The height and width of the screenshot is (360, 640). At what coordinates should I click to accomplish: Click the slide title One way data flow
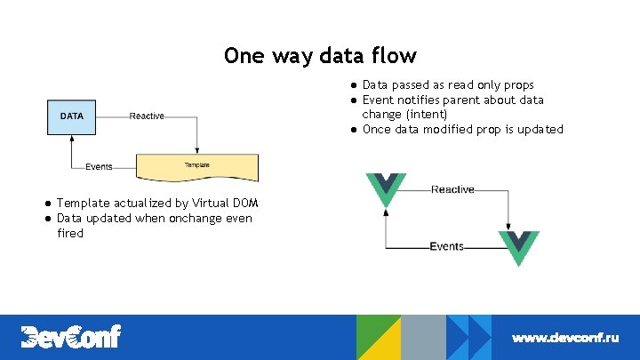320,56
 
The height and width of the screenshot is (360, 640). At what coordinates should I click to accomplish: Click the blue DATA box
72,116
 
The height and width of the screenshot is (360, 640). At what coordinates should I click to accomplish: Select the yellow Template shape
196,166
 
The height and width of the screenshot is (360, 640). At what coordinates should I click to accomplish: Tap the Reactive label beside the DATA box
147,116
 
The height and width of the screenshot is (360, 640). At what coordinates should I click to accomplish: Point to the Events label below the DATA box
100,166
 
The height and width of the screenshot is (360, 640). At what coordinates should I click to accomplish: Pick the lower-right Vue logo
518,247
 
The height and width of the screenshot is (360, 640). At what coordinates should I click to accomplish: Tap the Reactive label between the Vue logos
453,189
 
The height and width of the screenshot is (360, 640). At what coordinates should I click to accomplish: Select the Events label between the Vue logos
446,246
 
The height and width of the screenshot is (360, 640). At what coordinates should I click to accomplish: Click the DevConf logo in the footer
71,337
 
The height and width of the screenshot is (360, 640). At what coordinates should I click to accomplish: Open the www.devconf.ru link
564,338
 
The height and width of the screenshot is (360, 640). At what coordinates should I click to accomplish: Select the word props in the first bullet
518,85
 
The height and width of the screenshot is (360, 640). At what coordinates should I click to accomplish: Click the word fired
70,234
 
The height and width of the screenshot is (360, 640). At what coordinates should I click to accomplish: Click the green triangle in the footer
373,329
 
